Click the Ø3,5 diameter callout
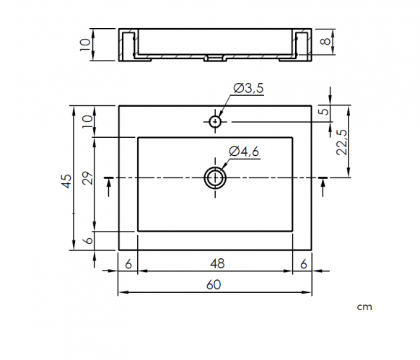click(248, 88)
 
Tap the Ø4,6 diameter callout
click(244, 152)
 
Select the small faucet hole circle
click(215, 122)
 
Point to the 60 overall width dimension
click(214, 285)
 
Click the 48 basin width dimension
click(217, 263)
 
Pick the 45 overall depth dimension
click(66, 181)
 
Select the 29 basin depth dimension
click(88, 178)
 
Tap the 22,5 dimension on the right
click(341, 143)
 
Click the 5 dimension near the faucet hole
click(325, 111)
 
